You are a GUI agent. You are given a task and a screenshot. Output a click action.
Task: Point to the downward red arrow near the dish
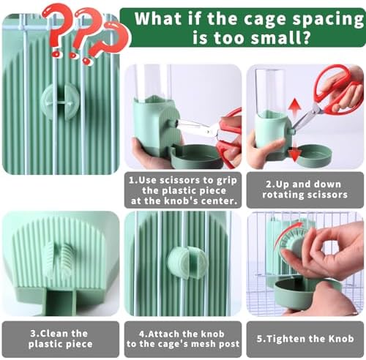(294, 153)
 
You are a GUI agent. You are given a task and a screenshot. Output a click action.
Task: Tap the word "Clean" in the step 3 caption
(54, 333)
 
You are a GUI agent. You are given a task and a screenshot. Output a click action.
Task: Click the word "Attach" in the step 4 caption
(163, 334)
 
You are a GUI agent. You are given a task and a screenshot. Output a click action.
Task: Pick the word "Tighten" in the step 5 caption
(286, 339)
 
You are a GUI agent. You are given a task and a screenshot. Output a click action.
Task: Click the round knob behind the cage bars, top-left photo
(60, 101)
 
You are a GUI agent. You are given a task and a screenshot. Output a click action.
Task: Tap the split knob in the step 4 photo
(187, 263)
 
